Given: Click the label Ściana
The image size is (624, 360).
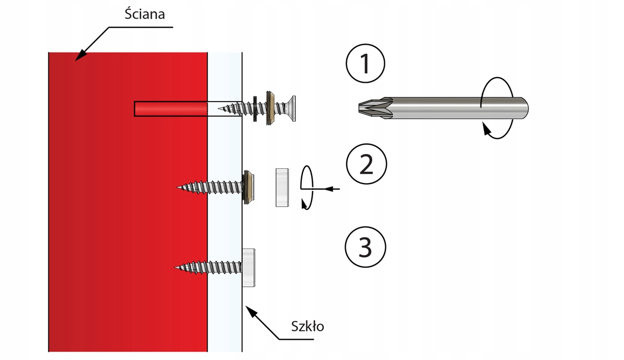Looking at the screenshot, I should [x=145, y=14].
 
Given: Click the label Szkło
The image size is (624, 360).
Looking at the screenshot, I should [x=307, y=326].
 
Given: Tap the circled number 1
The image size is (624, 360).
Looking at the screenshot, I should [x=366, y=65].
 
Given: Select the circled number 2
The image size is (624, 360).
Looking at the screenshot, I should [x=366, y=165].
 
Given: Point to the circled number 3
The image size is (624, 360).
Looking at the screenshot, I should [x=366, y=247].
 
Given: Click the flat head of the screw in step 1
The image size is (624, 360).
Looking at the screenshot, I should [x=291, y=108].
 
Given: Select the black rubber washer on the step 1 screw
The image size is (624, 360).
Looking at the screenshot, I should [x=256, y=108].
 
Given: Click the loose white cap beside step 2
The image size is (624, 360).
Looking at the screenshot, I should [x=282, y=187].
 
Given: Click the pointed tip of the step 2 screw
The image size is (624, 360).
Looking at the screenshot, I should [x=179, y=186].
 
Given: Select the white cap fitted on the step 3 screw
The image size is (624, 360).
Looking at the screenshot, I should [x=249, y=268].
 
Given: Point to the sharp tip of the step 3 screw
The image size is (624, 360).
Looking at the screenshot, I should [x=177, y=268].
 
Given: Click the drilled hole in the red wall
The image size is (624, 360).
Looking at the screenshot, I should [x=172, y=109].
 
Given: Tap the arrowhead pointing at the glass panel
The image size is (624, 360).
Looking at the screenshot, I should [x=250, y=311].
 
